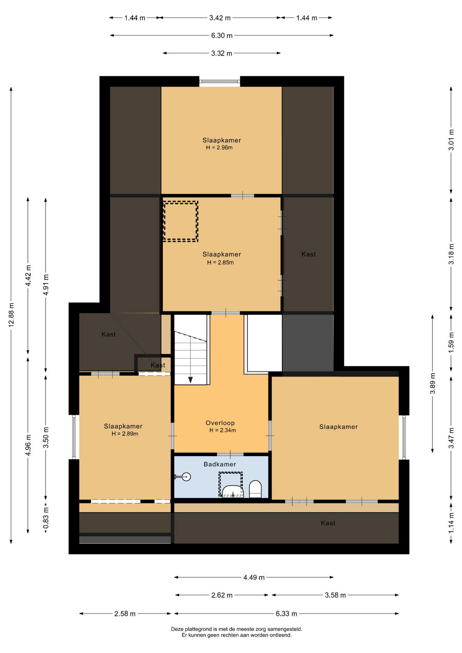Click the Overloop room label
[x=220, y=423]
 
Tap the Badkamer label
[x=220, y=464]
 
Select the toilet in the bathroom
[x=255, y=489]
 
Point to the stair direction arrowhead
[x=191, y=380]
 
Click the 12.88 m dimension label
[x=11, y=315]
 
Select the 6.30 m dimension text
[x=222, y=35]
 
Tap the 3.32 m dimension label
[x=222, y=53]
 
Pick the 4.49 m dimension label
[x=254, y=577]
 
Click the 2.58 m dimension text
[x=125, y=614]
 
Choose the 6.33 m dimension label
[x=286, y=614]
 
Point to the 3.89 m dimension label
[x=433, y=383]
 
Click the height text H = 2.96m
[x=219, y=148]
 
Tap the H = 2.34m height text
[x=223, y=430]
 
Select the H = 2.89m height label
[x=125, y=434]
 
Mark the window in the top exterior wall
[x=220, y=81]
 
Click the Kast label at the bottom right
[x=328, y=523]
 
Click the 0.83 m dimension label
[x=46, y=518]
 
